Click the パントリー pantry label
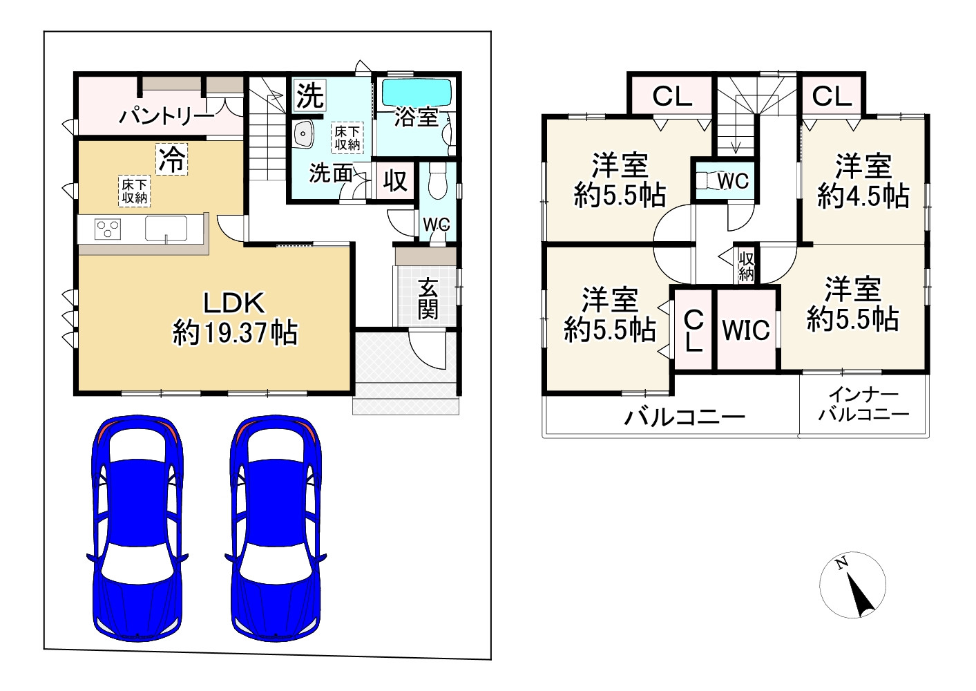(166, 116)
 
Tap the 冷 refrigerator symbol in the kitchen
(171, 160)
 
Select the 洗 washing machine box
(309, 95)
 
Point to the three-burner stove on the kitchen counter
(107, 229)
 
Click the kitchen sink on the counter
(166, 228)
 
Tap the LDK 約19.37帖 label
(235, 319)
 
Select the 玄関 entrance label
(428, 299)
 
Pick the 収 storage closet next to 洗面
(395, 181)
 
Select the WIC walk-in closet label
(746, 330)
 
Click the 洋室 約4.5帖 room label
(863, 182)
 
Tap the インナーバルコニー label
(863, 405)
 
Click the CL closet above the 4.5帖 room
(832, 97)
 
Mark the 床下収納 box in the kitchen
(135, 191)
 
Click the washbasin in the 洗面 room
(303, 134)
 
